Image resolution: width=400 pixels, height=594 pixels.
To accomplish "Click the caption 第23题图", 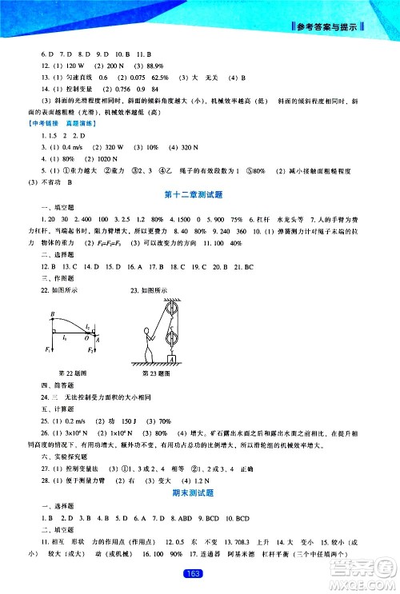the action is coord(161,373).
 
